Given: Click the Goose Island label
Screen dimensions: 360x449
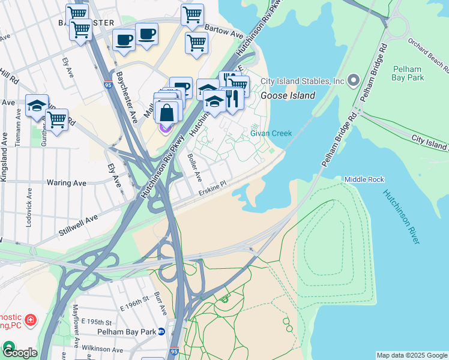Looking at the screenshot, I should click(x=288, y=95).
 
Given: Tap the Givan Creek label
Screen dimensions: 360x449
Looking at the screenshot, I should click(x=271, y=134).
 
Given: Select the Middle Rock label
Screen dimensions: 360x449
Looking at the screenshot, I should click(x=364, y=179).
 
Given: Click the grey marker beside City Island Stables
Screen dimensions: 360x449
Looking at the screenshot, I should click(x=354, y=80).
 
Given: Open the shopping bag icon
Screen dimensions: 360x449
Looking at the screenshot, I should click(x=166, y=113).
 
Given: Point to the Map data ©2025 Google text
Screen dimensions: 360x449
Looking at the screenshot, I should click(x=412, y=355).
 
